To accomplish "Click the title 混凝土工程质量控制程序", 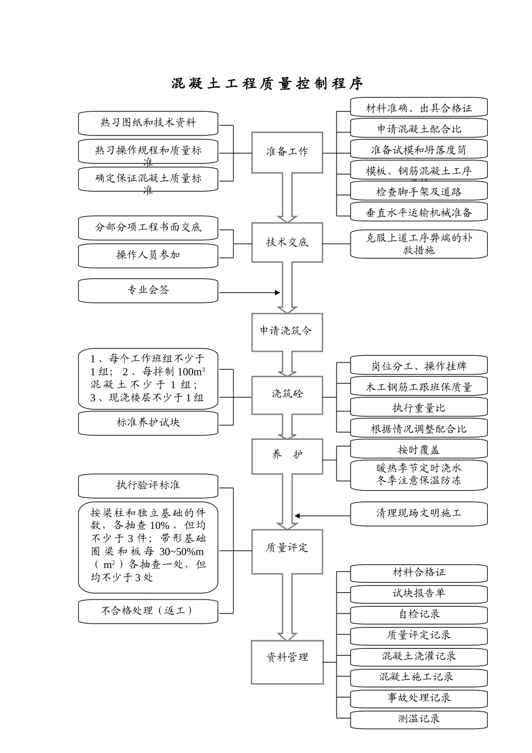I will coord(267,84).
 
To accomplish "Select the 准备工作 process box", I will coord(287,152).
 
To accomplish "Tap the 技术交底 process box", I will coord(287,242).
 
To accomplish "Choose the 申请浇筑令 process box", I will coord(287,331).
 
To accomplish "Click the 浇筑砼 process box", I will coord(287,394).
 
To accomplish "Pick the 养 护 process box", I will coord(287,455).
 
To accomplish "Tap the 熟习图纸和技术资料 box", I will coord(148,123).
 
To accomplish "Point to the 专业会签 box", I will coord(148,290).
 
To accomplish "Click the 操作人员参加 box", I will coord(148,255).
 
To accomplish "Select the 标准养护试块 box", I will coord(148,423).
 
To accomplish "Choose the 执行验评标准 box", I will coord(148,486).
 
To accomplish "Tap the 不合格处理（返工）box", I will coord(148,611).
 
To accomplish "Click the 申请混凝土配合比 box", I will coord(418,129).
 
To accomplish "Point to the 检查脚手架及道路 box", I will coord(418,192).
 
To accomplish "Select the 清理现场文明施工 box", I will coord(418,514).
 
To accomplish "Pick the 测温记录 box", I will coord(418,719).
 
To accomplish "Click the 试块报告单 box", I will coord(418,594).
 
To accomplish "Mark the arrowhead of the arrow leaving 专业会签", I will coord(277,292).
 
